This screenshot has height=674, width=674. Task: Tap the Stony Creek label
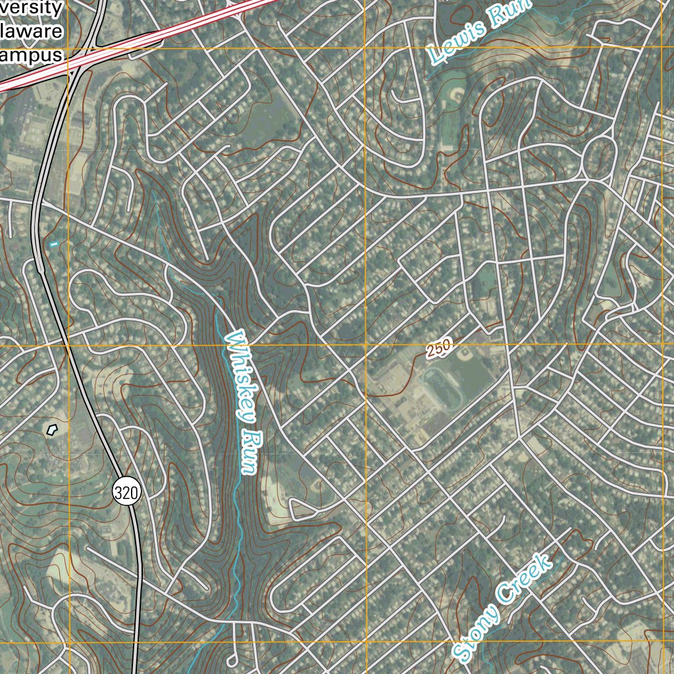click(x=503, y=608)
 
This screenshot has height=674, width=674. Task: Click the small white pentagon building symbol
click(x=53, y=430)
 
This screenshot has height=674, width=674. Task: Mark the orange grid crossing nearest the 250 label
click(x=365, y=345)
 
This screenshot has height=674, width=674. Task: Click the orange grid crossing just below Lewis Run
click(x=365, y=47)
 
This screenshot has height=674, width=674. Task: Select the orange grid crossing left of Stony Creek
click(x=366, y=642)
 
